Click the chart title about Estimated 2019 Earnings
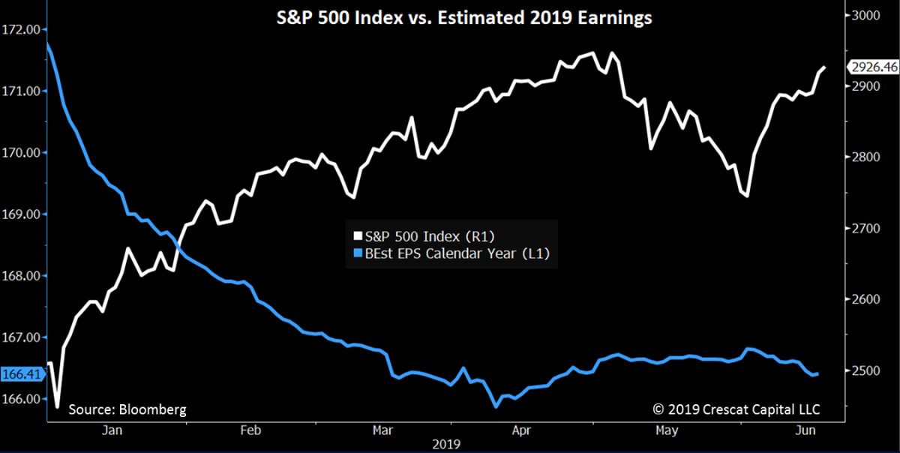tap(450, 18)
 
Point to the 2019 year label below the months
tap(447, 443)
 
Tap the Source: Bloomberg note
tap(127, 409)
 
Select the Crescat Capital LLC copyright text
tap(736, 409)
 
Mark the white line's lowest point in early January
tap(57, 407)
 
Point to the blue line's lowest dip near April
tap(496, 406)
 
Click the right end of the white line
tap(826, 67)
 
